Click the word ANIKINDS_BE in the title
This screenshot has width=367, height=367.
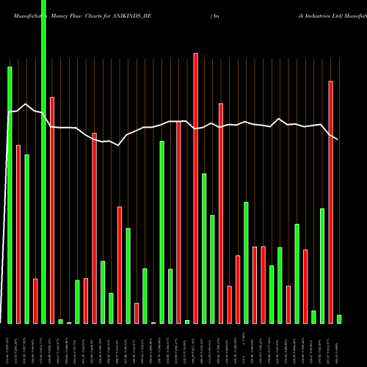pyautogui.click(x=131, y=14)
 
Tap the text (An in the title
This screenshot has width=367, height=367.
pyautogui.click(x=215, y=14)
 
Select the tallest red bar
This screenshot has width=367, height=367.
pyautogui.click(x=195, y=188)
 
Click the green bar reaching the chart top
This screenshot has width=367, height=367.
pyautogui.click(x=43, y=161)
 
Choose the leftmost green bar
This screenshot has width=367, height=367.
pyautogui.click(x=10, y=195)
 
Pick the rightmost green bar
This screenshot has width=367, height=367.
pyautogui.click(x=339, y=319)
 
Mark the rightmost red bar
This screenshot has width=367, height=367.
pyautogui.click(x=330, y=202)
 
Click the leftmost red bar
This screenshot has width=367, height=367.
pyautogui.click(x=18, y=234)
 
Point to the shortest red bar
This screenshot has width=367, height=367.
pyautogui.click(x=137, y=313)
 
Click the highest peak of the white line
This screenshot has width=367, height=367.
pyautogui.click(x=26, y=104)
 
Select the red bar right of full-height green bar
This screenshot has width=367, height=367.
pyautogui.click(x=52, y=210)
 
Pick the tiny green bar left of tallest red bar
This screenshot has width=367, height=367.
pyautogui.click(x=187, y=321)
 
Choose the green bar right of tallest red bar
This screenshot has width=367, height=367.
pyautogui.click(x=204, y=248)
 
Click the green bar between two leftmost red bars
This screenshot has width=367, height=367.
pyautogui.click(x=26, y=239)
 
